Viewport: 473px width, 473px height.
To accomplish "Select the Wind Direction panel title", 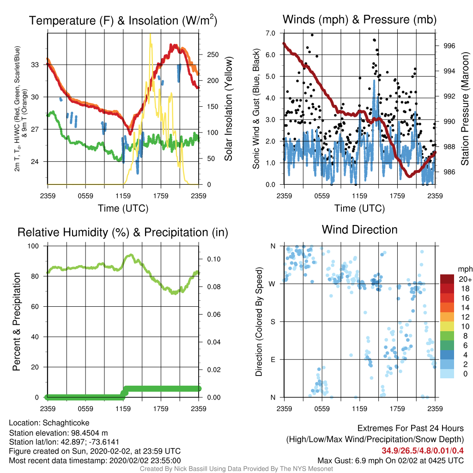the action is pyautogui.click(x=359, y=230).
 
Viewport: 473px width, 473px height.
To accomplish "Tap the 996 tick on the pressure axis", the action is pyautogui.click(x=449, y=46).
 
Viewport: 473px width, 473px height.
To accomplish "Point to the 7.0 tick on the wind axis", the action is pyautogui.click(x=270, y=33).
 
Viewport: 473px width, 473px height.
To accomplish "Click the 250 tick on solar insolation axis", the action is pyautogui.click(x=212, y=55).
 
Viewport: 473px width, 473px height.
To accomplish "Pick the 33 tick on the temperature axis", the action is pyautogui.click(x=35, y=65).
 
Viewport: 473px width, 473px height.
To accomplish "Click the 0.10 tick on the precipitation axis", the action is pyautogui.click(x=214, y=259).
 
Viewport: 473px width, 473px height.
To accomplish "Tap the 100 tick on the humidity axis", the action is pyautogui.click(x=33, y=246).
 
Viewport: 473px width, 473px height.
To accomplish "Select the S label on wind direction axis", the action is pyautogui.click(x=273, y=322).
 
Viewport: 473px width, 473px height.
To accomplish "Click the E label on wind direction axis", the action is pyautogui.click(x=273, y=359).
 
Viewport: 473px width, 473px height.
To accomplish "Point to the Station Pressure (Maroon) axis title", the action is pyautogui.click(x=465, y=109).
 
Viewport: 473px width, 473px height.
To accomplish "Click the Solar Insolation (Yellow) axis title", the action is pyautogui.click(x=228, y=109).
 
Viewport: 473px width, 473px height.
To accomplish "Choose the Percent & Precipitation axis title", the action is pyautogui.click(x=17, y=321).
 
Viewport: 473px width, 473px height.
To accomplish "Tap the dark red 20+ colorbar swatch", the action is pyautogui.click(x=447, y=279).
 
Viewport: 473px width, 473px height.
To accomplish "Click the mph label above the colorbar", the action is pyautogui.click(x=465, y=269).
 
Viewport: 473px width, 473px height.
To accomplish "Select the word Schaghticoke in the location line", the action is pyautogui.click(x=66, y=423).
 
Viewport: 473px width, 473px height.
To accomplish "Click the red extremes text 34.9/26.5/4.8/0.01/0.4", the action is pyautogui.click(x=423, y=451).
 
